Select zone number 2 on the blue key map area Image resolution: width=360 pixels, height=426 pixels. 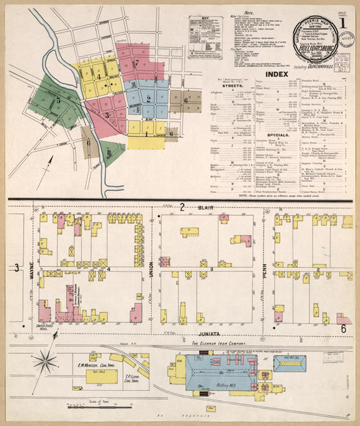[x=147, y=99]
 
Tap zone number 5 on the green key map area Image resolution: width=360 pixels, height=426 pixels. [x=59, y=101]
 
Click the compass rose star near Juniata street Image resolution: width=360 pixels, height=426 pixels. [x=47, y=362]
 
